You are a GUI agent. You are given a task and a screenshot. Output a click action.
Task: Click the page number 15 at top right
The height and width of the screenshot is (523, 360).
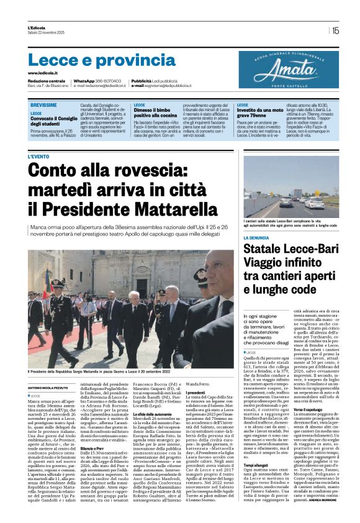point(336,30)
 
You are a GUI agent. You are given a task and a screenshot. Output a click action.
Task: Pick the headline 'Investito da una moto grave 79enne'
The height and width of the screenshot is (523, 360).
point(262,112)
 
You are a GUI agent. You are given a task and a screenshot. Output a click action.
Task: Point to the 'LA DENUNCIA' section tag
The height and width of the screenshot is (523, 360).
point(256,237)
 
